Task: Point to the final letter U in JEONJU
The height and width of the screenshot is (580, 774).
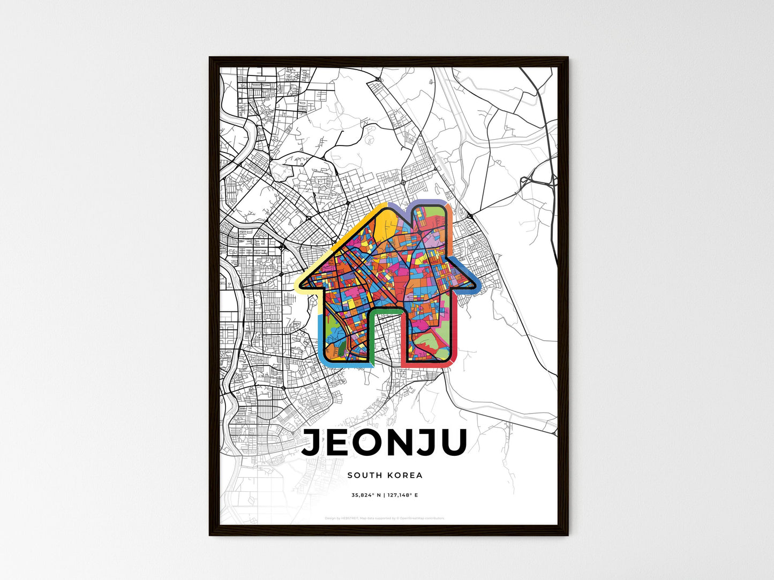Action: (452, 443)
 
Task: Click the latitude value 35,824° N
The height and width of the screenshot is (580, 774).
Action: (366, 495)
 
